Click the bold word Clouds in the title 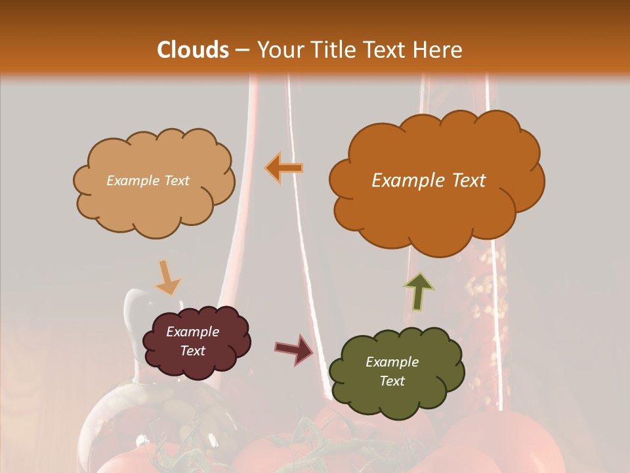point(193,50)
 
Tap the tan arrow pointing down point(167,277)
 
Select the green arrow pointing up point(419,291)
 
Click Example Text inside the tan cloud point(148,181)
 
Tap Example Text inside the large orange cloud point(429,181)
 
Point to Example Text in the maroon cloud point(192,341)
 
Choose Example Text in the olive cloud point(392,371)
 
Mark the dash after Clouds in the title point(241,50)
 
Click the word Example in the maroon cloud point(192,332)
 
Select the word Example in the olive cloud point(392,362)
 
